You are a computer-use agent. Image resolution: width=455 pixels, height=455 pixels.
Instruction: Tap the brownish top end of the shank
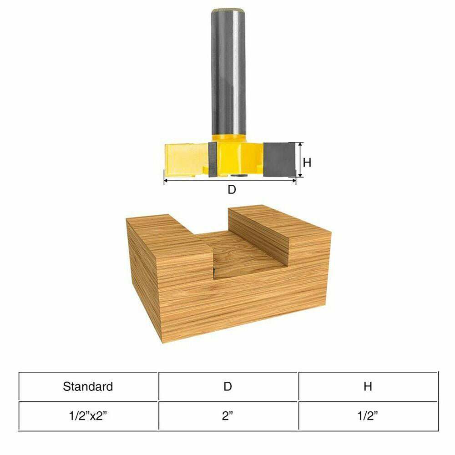coord(228,10)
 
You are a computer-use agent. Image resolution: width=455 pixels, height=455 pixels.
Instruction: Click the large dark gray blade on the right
coord(278,159)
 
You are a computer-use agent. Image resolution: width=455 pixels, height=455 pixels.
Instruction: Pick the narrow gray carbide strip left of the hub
coord(212,159)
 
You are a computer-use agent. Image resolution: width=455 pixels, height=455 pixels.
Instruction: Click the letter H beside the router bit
coord(307,162)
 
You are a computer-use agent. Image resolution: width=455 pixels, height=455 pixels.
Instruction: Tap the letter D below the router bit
coord(232,190)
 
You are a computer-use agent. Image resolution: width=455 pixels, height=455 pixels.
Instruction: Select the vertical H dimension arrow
coord(300,159)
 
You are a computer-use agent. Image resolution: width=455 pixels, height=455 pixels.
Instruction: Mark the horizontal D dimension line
coord(230,181)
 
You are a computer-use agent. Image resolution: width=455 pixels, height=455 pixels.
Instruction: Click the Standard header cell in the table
coord(88,387)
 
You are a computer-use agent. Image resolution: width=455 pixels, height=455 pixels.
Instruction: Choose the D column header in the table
coord(227,387)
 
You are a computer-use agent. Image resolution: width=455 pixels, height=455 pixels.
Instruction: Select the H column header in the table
coord(368,387)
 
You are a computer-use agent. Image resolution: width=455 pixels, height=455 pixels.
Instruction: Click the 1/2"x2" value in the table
coord(88,416)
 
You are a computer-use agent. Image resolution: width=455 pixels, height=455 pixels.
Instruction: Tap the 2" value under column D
coord(227,416)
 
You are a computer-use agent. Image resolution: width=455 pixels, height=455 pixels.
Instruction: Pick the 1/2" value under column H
coord(368,416)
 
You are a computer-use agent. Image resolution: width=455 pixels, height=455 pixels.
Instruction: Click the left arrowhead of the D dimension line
coord(166,181)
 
